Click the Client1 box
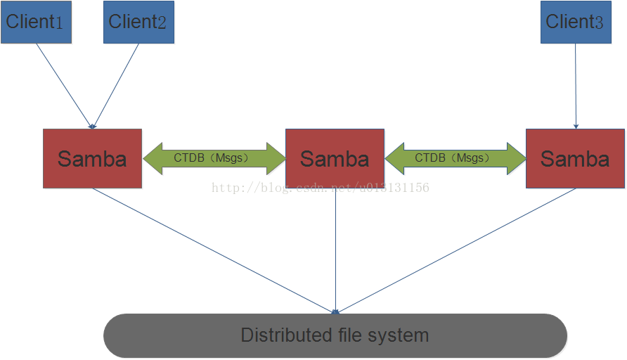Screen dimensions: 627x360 (x=36, y=22)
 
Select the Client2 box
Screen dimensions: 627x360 (x=138, y=22)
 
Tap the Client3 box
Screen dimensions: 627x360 (x=576, y=22)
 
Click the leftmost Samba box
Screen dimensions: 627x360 (x=92, y=158)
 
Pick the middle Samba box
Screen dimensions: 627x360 (x=335, y=158)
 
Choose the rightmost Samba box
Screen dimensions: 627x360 (x=575, y=158)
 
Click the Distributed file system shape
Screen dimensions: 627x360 (x=335, y=335)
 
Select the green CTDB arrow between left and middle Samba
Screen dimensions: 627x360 (x=214, y=158)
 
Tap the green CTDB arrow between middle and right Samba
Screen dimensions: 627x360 (x=455, y=158)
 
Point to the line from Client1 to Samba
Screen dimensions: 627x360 (x=65, y=86)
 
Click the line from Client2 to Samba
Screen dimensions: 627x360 (x=116, y=86)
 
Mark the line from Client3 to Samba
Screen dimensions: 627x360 (x=576, y=86)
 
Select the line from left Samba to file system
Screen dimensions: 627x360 (x=214, y=251)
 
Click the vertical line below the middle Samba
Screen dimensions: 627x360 (x=335, y=251)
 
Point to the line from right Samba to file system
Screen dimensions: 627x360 (x=456, y=251)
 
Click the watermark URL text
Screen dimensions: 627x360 (x=321, y=188)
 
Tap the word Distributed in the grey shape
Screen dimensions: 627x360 (x=287, y=335)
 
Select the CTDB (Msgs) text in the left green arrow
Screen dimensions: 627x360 (x=211, y=158)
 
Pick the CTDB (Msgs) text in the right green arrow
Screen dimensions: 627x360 (x=452, y=158)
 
